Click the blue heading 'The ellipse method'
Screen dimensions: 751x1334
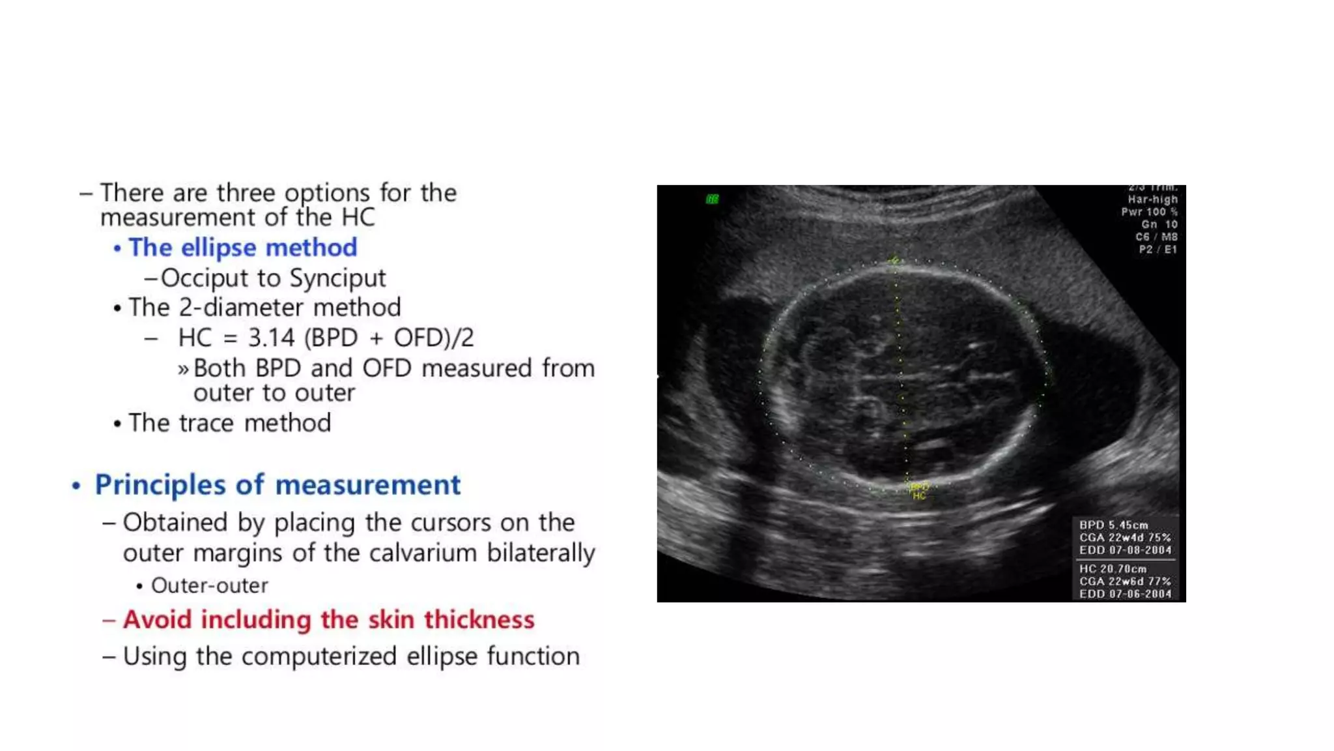coord(242,248)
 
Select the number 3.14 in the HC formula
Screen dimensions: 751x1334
coord(272,338)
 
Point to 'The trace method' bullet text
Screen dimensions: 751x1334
coord(229,423)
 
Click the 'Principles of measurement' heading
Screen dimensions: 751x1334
coord(277,485)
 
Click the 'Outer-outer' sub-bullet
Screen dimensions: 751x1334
coord(209,585)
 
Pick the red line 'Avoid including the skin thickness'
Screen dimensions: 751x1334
coord(328,619)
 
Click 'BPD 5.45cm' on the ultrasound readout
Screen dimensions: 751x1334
coord(1113,525)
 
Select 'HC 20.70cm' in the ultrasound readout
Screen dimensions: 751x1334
coord(1113,568)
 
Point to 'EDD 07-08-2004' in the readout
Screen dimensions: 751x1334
coord(1125,550)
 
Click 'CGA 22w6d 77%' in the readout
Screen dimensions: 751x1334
coord(1125,581)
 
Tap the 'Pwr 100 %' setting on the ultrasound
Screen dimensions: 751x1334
coord(1149,212)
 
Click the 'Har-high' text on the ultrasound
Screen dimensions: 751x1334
coord(1152,199)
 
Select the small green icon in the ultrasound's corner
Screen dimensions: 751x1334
coord(712,199)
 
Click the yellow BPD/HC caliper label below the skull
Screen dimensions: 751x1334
coord(919,491)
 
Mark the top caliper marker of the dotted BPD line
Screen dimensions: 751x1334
coord(895,261)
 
